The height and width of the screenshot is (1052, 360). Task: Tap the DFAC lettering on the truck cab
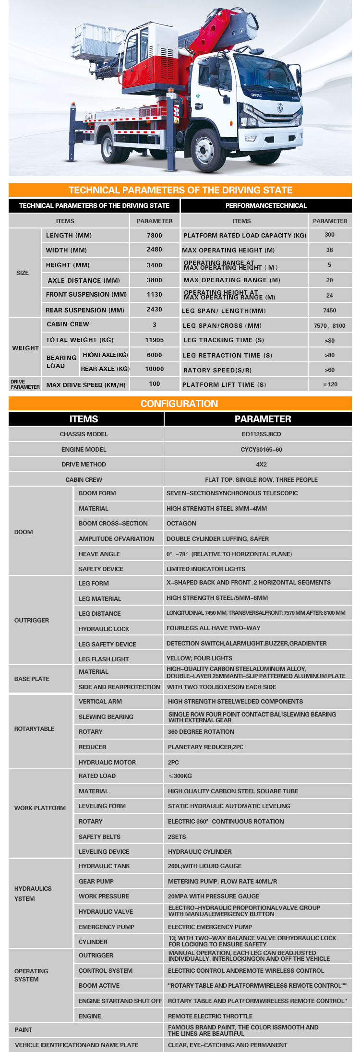[x=256, y=95]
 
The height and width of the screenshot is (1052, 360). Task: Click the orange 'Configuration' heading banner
[x=180, y=404]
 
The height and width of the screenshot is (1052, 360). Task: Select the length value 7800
[x=154, y=235]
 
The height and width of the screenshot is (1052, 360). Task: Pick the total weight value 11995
[x=154, y=340]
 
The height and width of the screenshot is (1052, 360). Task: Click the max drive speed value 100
[x=154, y=384]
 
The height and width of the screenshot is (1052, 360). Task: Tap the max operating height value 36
[x=329, y=250]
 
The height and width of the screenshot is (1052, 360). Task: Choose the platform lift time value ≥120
[x=330, y=384]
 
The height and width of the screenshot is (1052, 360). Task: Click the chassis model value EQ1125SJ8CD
[x=261, y=434]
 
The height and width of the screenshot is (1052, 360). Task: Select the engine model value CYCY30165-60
[x=261, y=450]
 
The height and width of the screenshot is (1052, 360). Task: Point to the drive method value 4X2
[x=261, y=465]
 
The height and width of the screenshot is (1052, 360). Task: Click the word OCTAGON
[x=181, y=524]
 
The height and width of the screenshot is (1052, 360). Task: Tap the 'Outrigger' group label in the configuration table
[x=32, y=621]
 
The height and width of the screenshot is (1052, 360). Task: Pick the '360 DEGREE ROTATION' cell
[x=201, y=732]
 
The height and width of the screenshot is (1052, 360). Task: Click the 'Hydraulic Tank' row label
[x=104, y=866]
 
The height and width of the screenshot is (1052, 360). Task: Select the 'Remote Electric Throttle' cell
[x=210, y=1016]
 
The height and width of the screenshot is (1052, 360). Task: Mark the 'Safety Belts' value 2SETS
[x=177, y=837]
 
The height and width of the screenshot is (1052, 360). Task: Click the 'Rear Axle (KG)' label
[x=105, y=369]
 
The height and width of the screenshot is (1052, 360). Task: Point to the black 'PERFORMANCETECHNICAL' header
[x=266, y=205]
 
